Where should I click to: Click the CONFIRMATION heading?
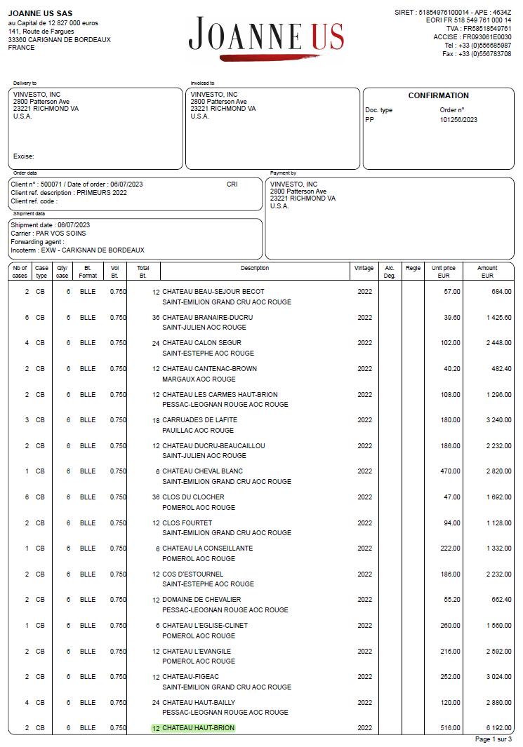(x=438, y=95)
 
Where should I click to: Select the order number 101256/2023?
(x=458, y=119)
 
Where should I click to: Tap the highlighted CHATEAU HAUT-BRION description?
(x=198, y=728)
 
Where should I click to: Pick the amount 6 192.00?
(x=498, y=728)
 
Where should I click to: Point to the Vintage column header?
(x=364, y=268)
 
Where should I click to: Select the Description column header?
(x=254, y=268)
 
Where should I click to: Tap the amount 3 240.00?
(x=498, y=420)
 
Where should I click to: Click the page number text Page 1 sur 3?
(x=493, y=739)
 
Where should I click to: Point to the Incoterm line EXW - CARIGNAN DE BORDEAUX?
(x=77, y=250)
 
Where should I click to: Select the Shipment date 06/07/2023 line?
(x=50, y=225)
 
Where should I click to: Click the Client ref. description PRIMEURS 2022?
(x=69, y=193)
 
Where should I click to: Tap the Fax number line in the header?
(x=477, y=54)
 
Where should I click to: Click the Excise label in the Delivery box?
(x=23, y=156)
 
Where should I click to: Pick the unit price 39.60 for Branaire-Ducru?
(x=451, y=318)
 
